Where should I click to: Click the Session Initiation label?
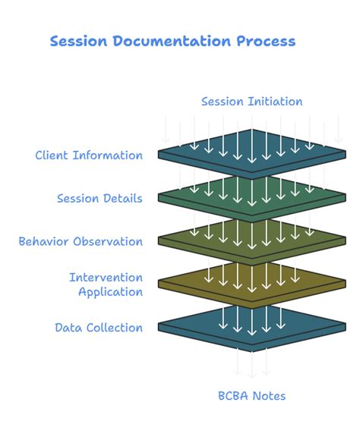click(251, 102)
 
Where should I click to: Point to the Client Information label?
click(89, 156)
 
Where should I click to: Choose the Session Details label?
click(99, 199)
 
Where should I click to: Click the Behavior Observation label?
click(81, 242)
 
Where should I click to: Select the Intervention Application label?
click(106, 285)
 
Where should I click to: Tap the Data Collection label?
click(99, 328)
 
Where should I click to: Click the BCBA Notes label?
click(251, 396)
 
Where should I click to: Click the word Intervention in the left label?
click(106, 278)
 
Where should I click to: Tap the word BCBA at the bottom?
click(233, 396)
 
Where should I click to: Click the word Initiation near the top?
click(276, 102)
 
